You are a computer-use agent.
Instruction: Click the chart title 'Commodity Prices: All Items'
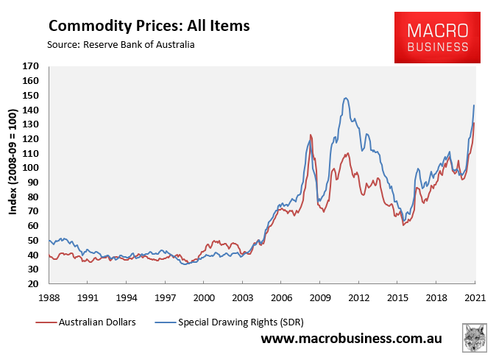(x=149, y=26)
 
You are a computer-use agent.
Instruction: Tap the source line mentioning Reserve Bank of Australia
(x=121, y=45)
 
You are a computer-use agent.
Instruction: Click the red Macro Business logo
(x=439, y=37)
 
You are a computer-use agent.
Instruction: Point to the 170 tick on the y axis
(x=31, y=66)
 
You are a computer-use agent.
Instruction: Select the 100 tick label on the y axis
(x=31, y=168)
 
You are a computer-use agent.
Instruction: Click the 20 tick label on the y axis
(x=33, y=284)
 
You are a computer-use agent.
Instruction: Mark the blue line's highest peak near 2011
(x=345, y=97)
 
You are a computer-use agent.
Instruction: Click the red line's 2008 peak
(x=311, y=135)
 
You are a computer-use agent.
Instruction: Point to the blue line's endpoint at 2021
(x=474, y=105)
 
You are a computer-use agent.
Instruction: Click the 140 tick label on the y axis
(x=31, y=110)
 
